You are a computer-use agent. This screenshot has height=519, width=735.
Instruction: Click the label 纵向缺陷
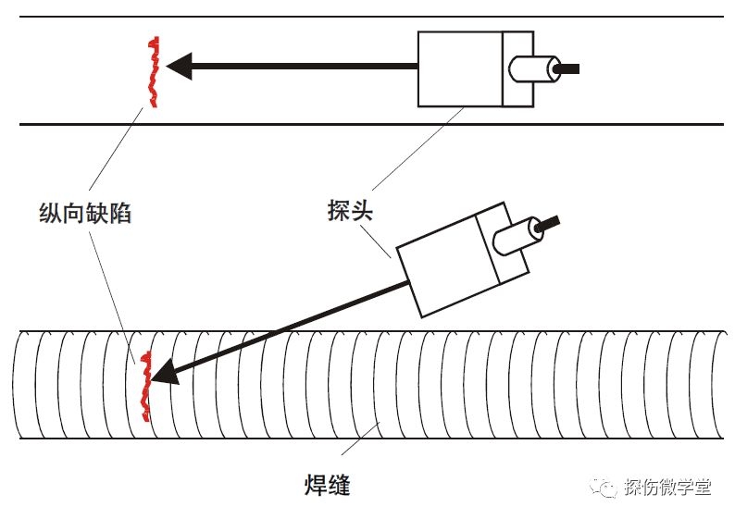pyautogui.click(x=86, y=214)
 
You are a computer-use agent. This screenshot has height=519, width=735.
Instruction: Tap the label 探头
pyautogui.click(x=349, y=209)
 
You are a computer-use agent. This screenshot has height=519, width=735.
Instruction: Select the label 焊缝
pyautogui.click(x=327, y=483)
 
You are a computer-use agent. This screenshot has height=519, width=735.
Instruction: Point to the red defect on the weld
pyautogui.click(x=144, y=386)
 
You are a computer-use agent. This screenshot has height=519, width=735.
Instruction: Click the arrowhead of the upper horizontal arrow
pyautogui.click(x=178, y=66)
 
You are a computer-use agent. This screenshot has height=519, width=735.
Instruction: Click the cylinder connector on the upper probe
pyautogui.click(x=532, y=68)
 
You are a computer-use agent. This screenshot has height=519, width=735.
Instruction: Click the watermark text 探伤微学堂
pyautogui.click(x=666, y=488)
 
